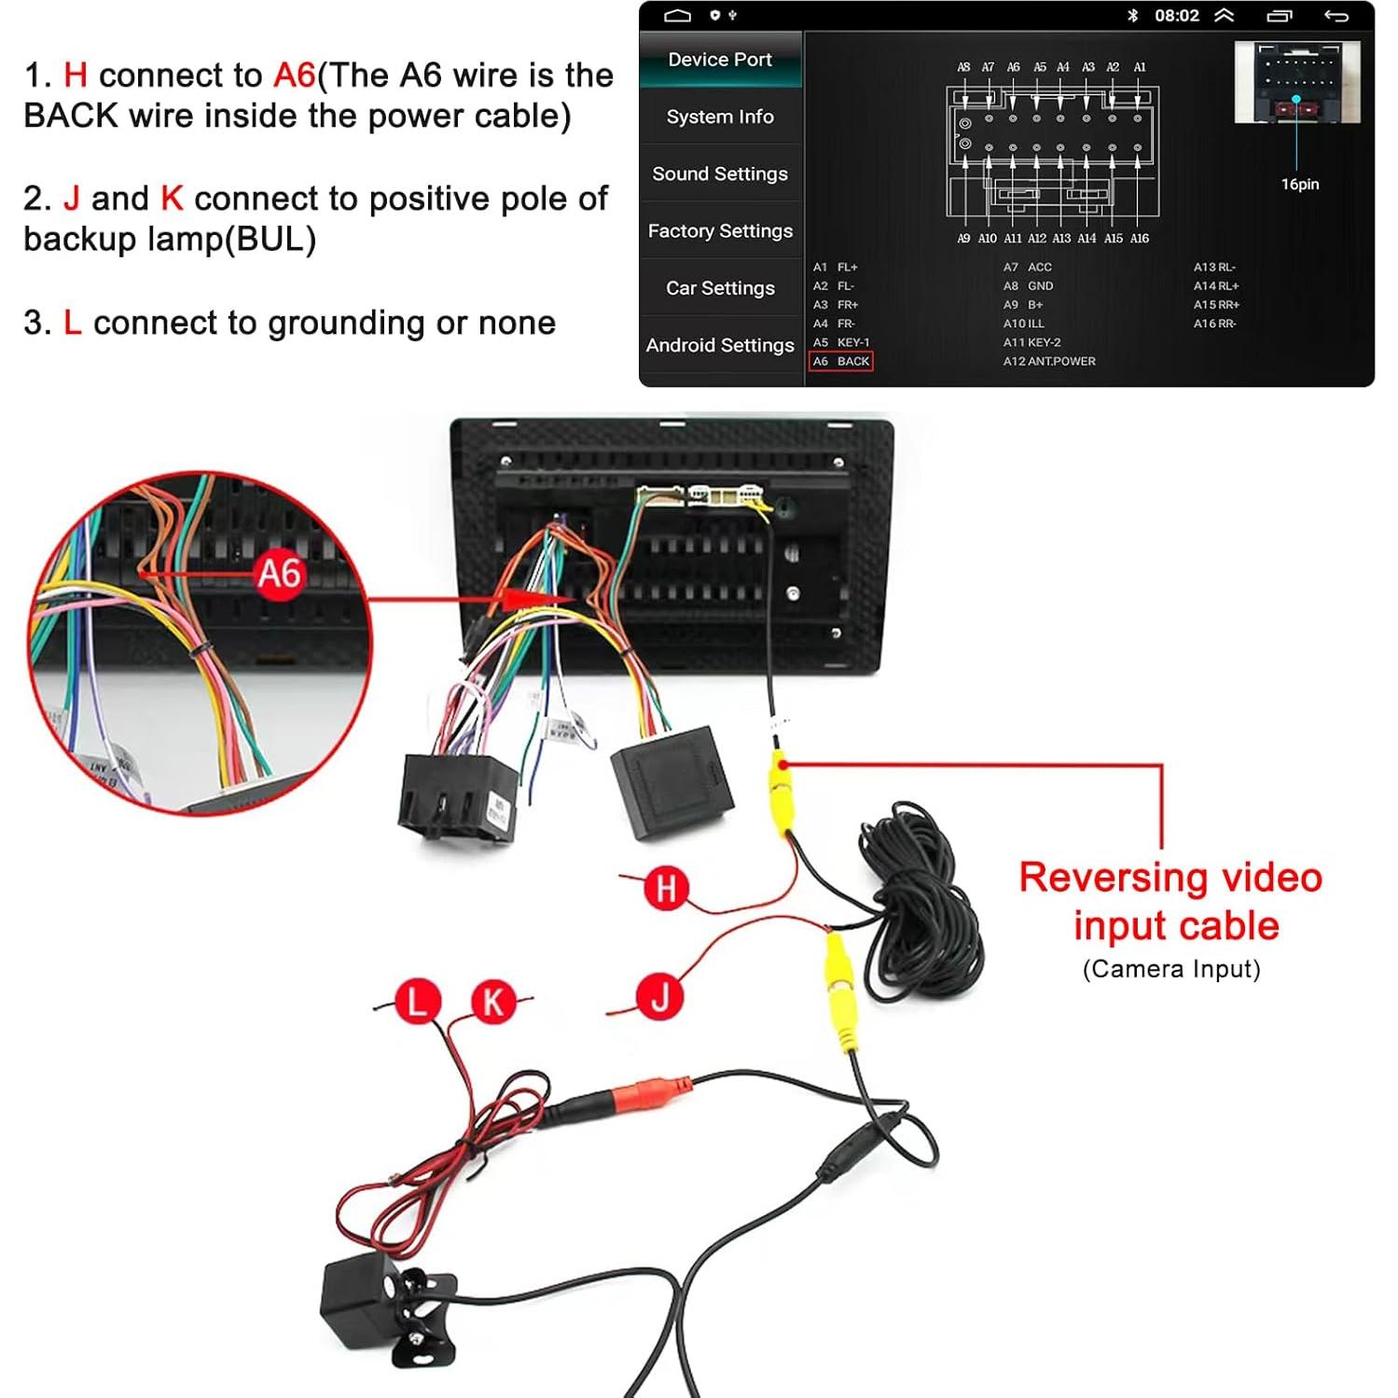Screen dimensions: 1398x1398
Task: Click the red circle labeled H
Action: tap(666, 888)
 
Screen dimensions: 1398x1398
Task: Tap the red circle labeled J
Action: tap(660, 996)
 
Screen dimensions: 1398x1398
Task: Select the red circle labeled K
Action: tap(492, 1002)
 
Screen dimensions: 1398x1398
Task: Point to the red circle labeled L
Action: tap(416, 1002)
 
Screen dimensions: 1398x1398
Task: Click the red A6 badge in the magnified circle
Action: tap(279, 574)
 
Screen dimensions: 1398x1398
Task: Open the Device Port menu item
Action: tap(720, 60)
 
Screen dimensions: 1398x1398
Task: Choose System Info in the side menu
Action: tap(720, 117)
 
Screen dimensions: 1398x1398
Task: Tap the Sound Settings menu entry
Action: tap(720, 173)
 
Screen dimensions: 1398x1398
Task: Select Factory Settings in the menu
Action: tap(720, 230)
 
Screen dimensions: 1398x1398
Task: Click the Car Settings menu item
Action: tap(720, 288)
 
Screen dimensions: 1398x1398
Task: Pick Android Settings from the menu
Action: tap(720, 345)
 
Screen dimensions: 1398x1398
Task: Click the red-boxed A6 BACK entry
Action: tap(841, 361)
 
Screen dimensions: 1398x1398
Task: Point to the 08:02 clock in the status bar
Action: tap(1176, 16)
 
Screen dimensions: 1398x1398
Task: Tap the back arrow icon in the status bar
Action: tap(1336, 16)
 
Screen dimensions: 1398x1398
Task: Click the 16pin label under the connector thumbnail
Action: tap(1299, 184)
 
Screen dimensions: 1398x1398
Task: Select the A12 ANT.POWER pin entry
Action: tap(1049, 361)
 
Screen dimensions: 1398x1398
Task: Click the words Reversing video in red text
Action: tap(1170, 878)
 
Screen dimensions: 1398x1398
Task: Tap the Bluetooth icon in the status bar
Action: tap(1132, 16)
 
